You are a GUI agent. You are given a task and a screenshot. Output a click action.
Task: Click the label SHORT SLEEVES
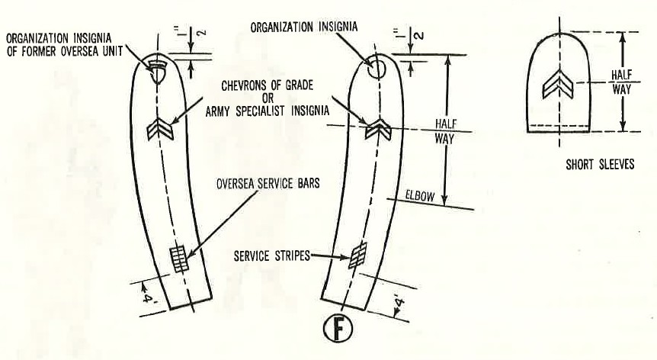point(599,164)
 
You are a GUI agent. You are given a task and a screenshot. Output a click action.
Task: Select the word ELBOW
point(419,197)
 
